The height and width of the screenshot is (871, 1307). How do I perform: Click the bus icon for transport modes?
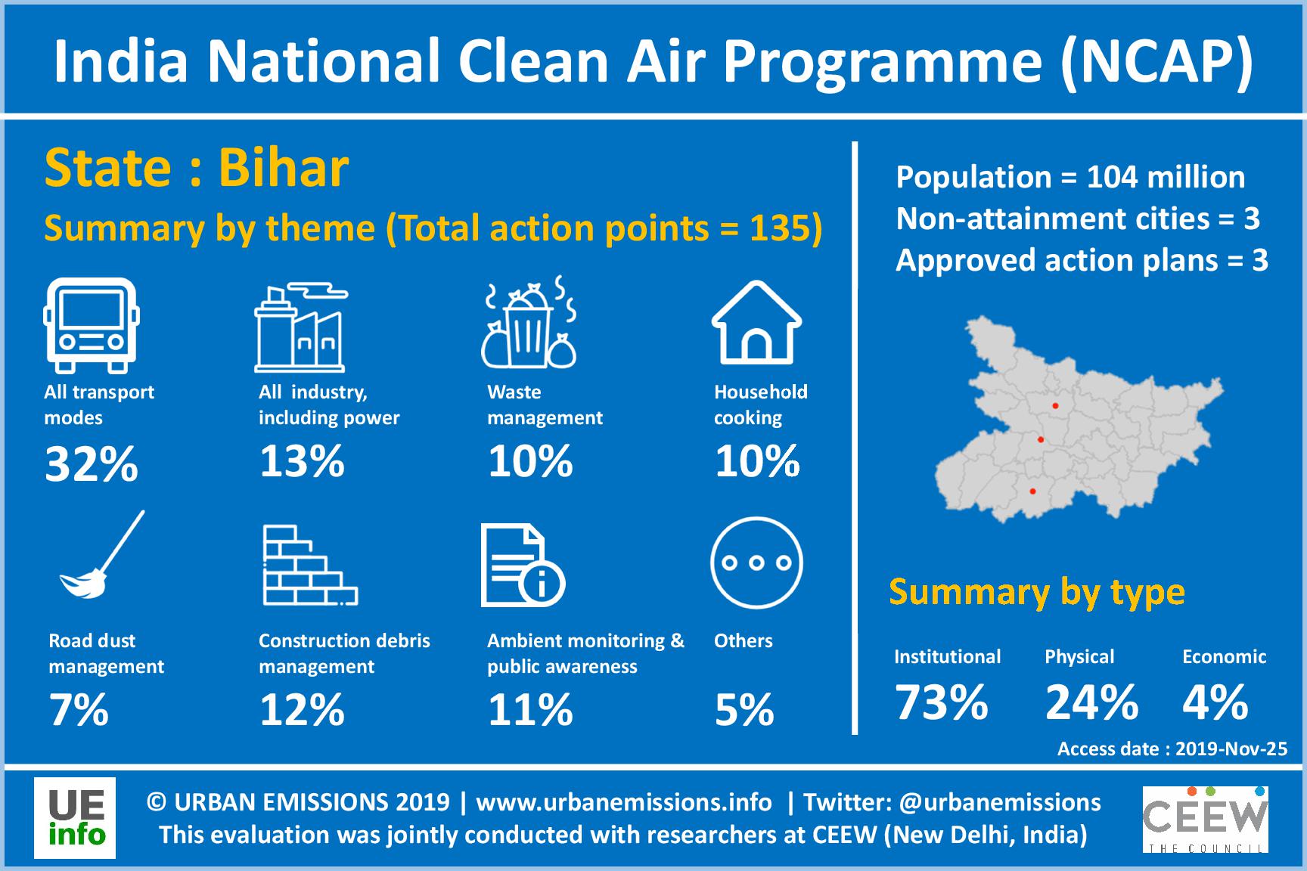(92, 325)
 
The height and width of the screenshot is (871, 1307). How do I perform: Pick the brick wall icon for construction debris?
(310, 566)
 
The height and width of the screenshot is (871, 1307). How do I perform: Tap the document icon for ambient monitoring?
(523, 566)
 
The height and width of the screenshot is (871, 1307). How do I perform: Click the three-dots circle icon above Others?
(756, 563)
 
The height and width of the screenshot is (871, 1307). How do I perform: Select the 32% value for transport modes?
(92, 463)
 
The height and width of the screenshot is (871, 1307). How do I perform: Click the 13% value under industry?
(302, 460)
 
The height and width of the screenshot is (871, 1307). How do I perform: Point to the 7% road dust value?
(79, 710)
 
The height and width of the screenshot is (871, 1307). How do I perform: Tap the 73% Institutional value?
(942, 702)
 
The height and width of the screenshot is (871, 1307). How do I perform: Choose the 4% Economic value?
(1215, 702)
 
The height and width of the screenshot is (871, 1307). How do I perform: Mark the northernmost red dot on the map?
(1055, 406)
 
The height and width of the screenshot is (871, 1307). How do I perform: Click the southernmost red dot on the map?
(1032, 492)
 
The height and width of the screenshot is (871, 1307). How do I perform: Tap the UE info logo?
(75, 818)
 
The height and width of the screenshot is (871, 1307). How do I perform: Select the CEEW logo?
(1205, 820)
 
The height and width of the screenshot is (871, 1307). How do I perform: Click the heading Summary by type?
(1037, 592)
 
